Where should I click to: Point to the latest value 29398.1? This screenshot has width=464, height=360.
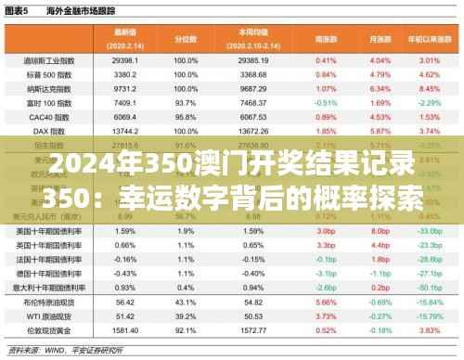point(126,60)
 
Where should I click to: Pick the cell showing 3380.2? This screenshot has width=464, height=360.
point(126,72)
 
